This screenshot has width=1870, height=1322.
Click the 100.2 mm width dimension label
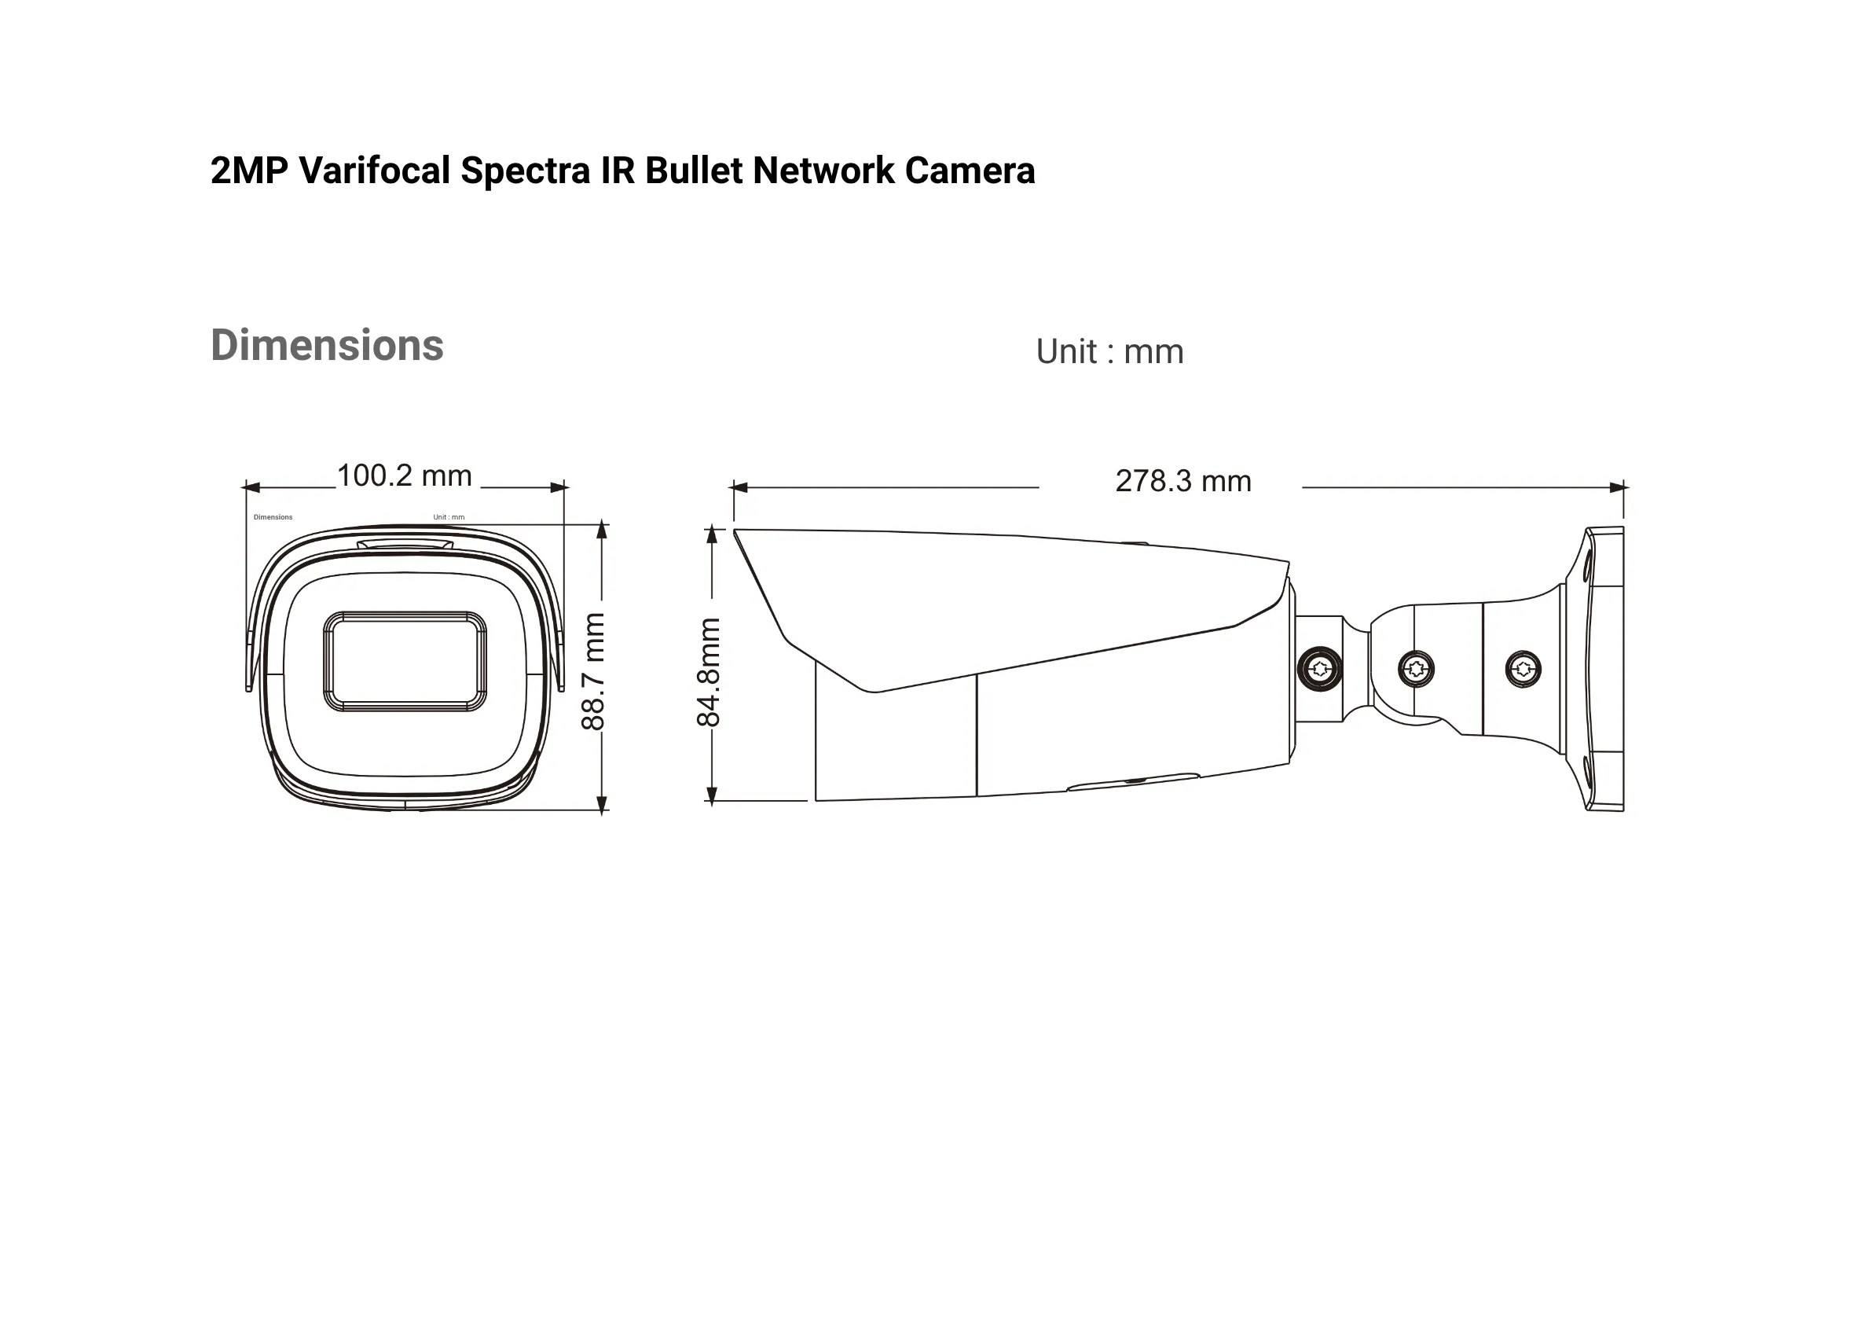(404, 476)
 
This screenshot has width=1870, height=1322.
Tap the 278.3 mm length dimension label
(1182, 481)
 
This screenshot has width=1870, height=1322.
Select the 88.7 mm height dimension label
(593, 671)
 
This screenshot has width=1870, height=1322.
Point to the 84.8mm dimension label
(709, 672)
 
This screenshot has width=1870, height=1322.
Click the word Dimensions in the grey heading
(327, 344)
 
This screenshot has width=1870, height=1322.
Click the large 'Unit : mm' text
(1109, 352)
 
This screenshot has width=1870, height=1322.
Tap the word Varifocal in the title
(374, 171)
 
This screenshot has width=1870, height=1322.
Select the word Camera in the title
(970, 171)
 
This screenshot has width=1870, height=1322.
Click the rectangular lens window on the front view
(405, 662)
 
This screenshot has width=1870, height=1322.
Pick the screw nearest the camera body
(1319, 670)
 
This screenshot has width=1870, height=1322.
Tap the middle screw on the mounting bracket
(1417, 670)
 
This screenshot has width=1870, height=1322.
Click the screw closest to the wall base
(1523, 670)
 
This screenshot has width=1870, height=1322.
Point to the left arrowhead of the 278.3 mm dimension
(739, 488)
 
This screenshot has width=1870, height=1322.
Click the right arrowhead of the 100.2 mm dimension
(559, 488)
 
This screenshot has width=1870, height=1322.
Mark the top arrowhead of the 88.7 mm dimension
(602, 531)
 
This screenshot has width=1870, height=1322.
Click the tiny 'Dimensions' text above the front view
(273, 517)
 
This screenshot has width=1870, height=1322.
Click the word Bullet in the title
(693, 171)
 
